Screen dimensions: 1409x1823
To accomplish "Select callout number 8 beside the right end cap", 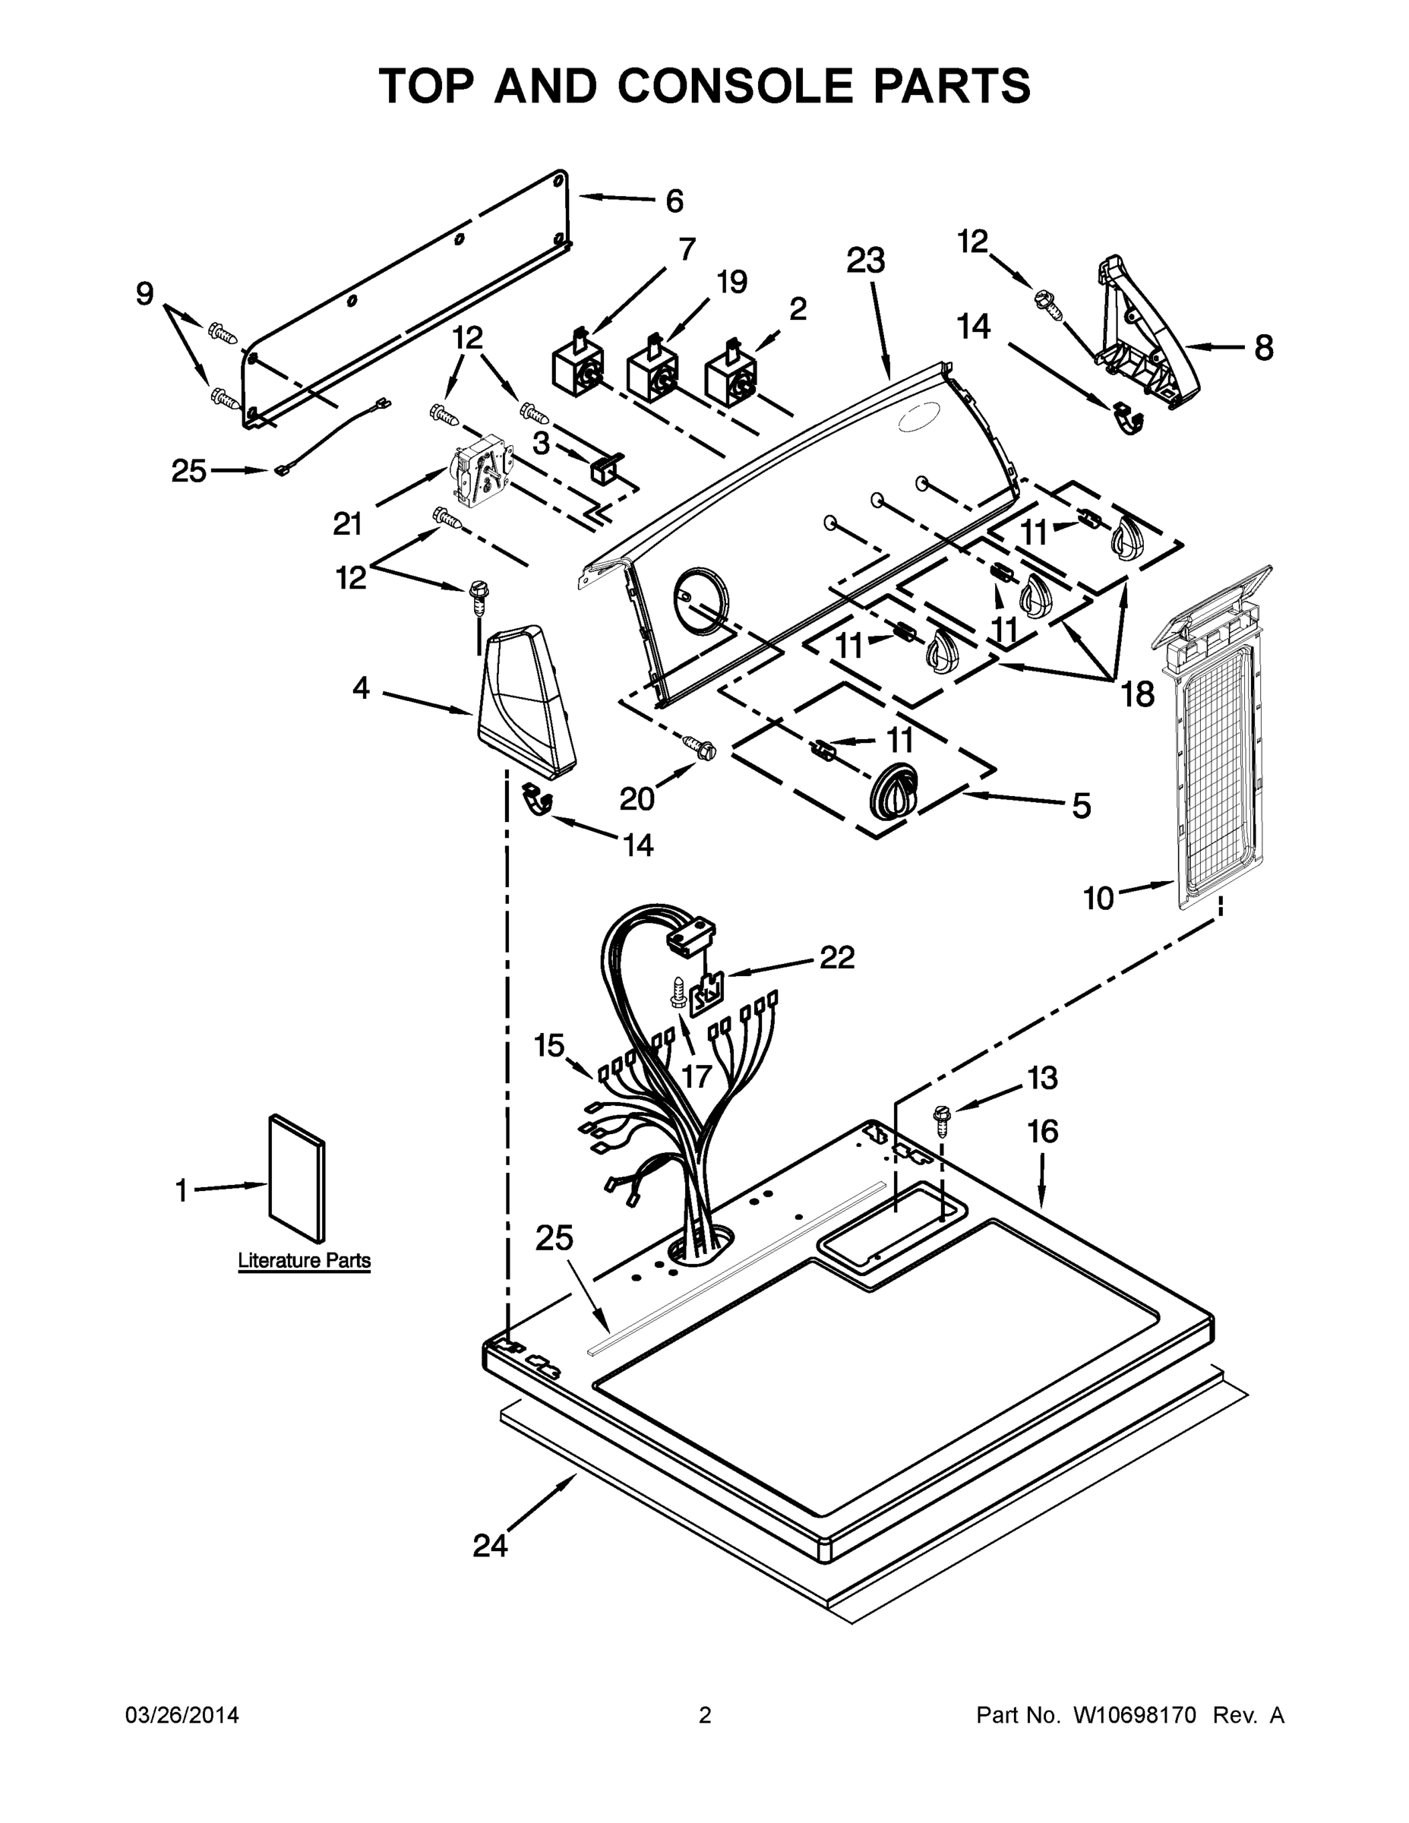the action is (x=1264, y=347).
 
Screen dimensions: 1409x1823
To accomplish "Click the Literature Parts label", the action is (x=304, y=1260).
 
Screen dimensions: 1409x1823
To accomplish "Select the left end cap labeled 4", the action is (x=525, y=701).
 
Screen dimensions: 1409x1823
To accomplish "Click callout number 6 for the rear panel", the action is (x=674, y=201).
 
